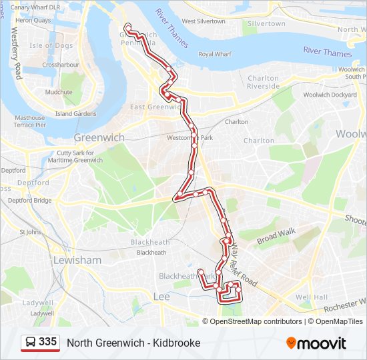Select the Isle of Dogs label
coord(51,45)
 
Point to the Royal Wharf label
coord(214,54)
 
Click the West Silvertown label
coord(203,21)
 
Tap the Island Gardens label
coord(75,114)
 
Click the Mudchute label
coord(59,92)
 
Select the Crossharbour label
coord(61,65)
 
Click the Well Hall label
coord(311,297)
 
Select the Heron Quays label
coord(33,21)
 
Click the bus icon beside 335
coord(31,343)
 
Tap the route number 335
coord(47,342)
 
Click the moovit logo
coord(316,343)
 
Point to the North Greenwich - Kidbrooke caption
coord(133,343)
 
